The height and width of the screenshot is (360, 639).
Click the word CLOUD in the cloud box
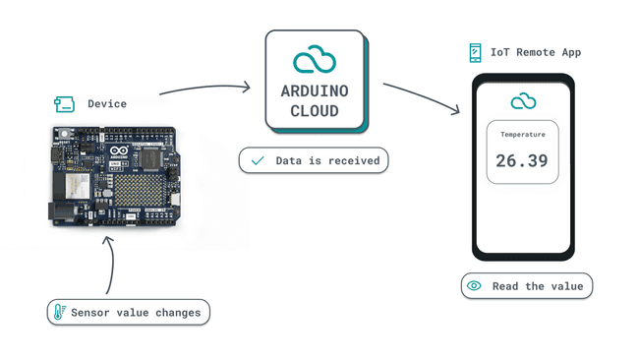(315, 111)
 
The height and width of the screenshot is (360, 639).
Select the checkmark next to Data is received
(258, 160)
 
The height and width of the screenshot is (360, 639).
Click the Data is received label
(327, 160)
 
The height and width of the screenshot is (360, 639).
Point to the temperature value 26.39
(522, 160)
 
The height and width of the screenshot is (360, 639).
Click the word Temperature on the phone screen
(522, 135)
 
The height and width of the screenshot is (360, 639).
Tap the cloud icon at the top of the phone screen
(523, 101)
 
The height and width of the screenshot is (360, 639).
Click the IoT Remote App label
(536, 52)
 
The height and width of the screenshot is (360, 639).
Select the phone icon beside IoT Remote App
(476, 52)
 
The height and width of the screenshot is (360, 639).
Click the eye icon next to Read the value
(474, 286)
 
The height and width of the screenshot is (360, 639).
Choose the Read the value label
(538, 286)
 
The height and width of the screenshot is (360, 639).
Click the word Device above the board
(107, 103)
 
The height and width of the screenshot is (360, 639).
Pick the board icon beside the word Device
(64, 103)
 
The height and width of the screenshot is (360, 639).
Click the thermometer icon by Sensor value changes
(60, 313)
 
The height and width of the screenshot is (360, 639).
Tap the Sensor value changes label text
(136, 313)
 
